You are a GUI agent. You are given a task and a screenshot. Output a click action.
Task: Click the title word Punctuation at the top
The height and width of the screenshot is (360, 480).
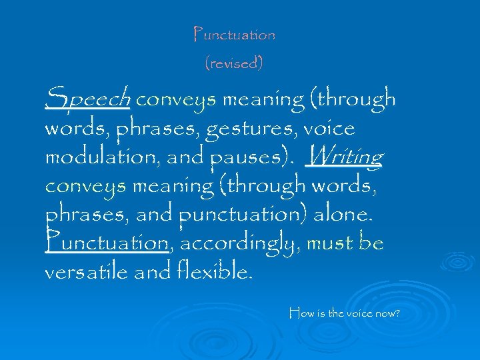pyautogui.click(x=233, y=34)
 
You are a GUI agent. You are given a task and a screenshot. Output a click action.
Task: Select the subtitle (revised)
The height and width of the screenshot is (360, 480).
pyautogui.click(x=233, y=63)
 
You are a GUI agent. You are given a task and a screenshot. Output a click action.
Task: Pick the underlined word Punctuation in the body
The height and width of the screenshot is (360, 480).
pyautogui.click(x=107, y=243)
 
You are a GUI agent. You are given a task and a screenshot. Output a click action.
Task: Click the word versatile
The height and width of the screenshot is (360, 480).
pyautogui.click(x=92, y=272)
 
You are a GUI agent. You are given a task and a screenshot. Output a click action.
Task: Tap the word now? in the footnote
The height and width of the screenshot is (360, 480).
pyautogui.click(x=386, y=312)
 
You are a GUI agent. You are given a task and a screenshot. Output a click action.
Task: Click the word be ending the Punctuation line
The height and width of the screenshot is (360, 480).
pyautogui.click(x=371, y=243)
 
